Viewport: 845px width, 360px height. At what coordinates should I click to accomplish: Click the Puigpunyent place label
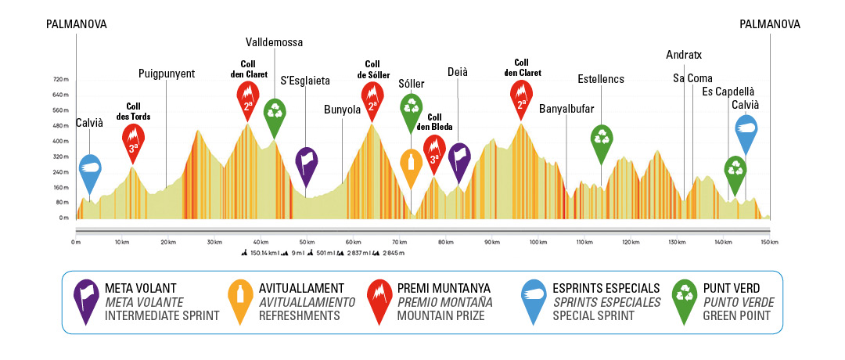coord(166,74)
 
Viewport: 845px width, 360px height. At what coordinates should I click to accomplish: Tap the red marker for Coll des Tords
coord(134,141)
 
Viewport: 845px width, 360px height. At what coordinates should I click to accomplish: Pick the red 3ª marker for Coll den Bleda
coord(434,151)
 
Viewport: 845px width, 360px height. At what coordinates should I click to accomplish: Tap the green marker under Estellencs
coord(602,139)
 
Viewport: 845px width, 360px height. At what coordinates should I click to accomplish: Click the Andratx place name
coord(684,55)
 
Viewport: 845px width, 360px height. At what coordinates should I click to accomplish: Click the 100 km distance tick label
coord(538,243)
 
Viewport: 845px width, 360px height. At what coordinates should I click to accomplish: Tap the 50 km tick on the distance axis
coord(307,243)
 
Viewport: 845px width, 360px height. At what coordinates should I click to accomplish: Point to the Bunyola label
coord(342,110)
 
